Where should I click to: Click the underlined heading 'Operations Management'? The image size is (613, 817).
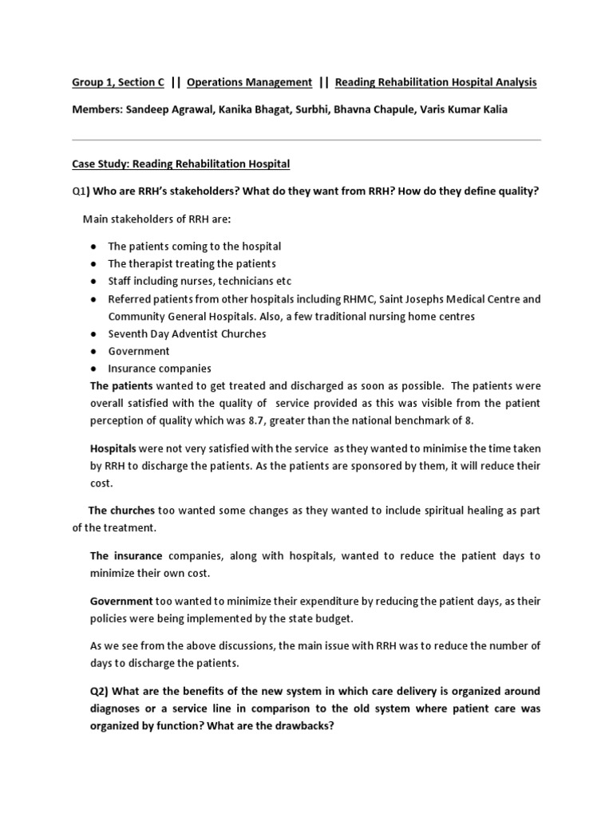[249, 82]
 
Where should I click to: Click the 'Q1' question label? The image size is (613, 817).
[78, 191]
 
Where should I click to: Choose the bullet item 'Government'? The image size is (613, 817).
[139, 351]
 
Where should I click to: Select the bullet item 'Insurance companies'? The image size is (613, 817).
[160, 369]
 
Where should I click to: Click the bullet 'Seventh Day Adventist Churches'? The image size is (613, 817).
[187, 334]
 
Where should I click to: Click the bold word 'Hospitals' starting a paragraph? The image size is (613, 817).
[113, 448]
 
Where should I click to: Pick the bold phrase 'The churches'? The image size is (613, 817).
[121, 511]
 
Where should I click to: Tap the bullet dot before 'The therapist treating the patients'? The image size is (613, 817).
[93, 264]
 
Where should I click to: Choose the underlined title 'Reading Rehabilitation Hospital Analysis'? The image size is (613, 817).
[436, 82]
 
